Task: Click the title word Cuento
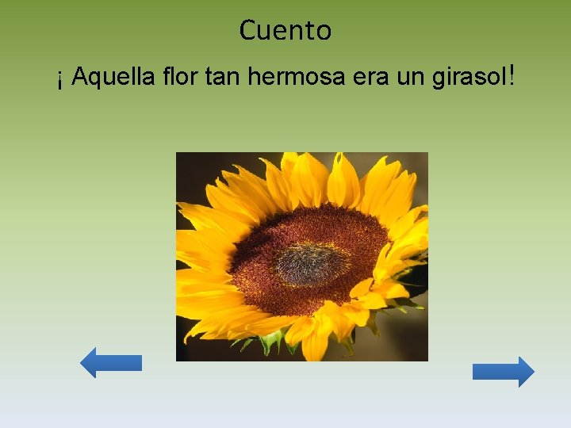click(285, 31)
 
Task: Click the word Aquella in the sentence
click(113, 78)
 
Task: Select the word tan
click(224, 78)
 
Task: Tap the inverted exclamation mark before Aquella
click(60, 79)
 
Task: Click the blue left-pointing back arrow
click(111, 363)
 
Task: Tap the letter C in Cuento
click(248, 31)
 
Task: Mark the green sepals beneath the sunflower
click(271, 340)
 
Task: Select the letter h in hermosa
click(253, 78)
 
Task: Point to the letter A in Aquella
click(79, 78)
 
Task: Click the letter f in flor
click(166, 78)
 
